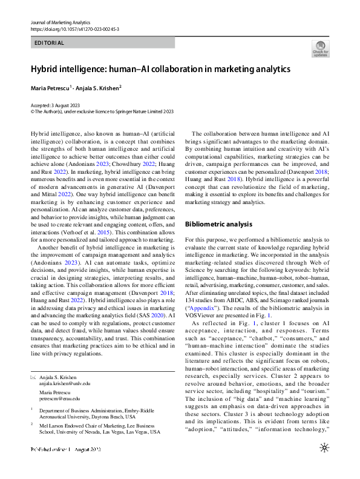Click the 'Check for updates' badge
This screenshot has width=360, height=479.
coord(321,48)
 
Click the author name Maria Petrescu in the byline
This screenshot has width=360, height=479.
coord(50,88)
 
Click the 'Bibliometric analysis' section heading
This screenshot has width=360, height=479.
coord(218,207)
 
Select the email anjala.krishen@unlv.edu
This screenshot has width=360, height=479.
coord(65,383)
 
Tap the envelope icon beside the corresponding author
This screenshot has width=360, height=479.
coord(33,377)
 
